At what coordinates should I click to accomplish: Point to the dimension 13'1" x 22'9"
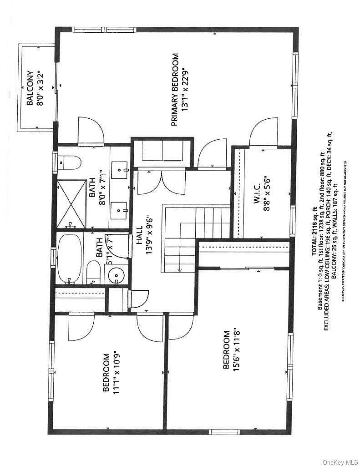185,89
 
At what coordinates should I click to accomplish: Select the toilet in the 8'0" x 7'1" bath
70,162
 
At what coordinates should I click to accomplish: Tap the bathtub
70,258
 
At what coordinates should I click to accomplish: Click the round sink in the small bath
116,275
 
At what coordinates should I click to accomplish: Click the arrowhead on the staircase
180,270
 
